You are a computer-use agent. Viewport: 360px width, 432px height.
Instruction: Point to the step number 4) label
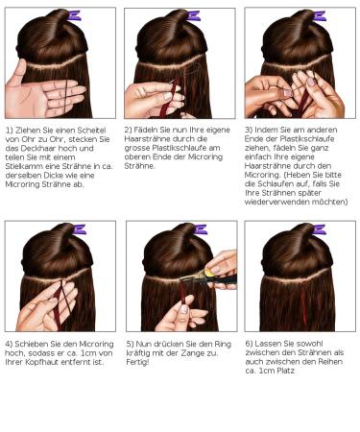9,343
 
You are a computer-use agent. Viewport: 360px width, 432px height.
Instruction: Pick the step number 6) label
249,343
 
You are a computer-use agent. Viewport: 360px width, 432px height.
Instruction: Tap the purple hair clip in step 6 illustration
319,230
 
